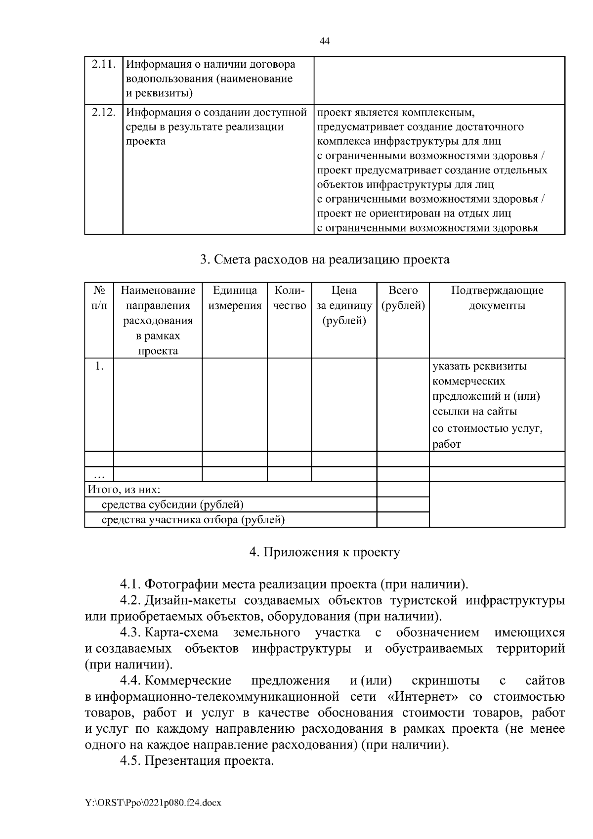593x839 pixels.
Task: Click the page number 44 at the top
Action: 325,42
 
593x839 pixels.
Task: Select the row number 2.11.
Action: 103,64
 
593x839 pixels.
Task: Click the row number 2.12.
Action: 103,112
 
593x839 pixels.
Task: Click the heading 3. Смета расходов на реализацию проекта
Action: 325,259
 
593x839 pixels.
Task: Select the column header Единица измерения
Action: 235,298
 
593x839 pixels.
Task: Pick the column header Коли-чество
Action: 289,298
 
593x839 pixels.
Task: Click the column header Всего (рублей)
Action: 403,298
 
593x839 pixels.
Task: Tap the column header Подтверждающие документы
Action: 497,298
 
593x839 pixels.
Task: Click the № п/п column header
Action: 99,298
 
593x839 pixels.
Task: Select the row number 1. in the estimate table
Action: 99,366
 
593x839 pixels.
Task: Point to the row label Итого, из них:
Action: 124,490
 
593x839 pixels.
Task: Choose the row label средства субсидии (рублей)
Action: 172,504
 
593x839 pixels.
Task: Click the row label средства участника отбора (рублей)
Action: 193,520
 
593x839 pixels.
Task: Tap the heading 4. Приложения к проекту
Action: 325,552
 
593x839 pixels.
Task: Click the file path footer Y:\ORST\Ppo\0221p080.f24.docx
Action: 153,803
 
